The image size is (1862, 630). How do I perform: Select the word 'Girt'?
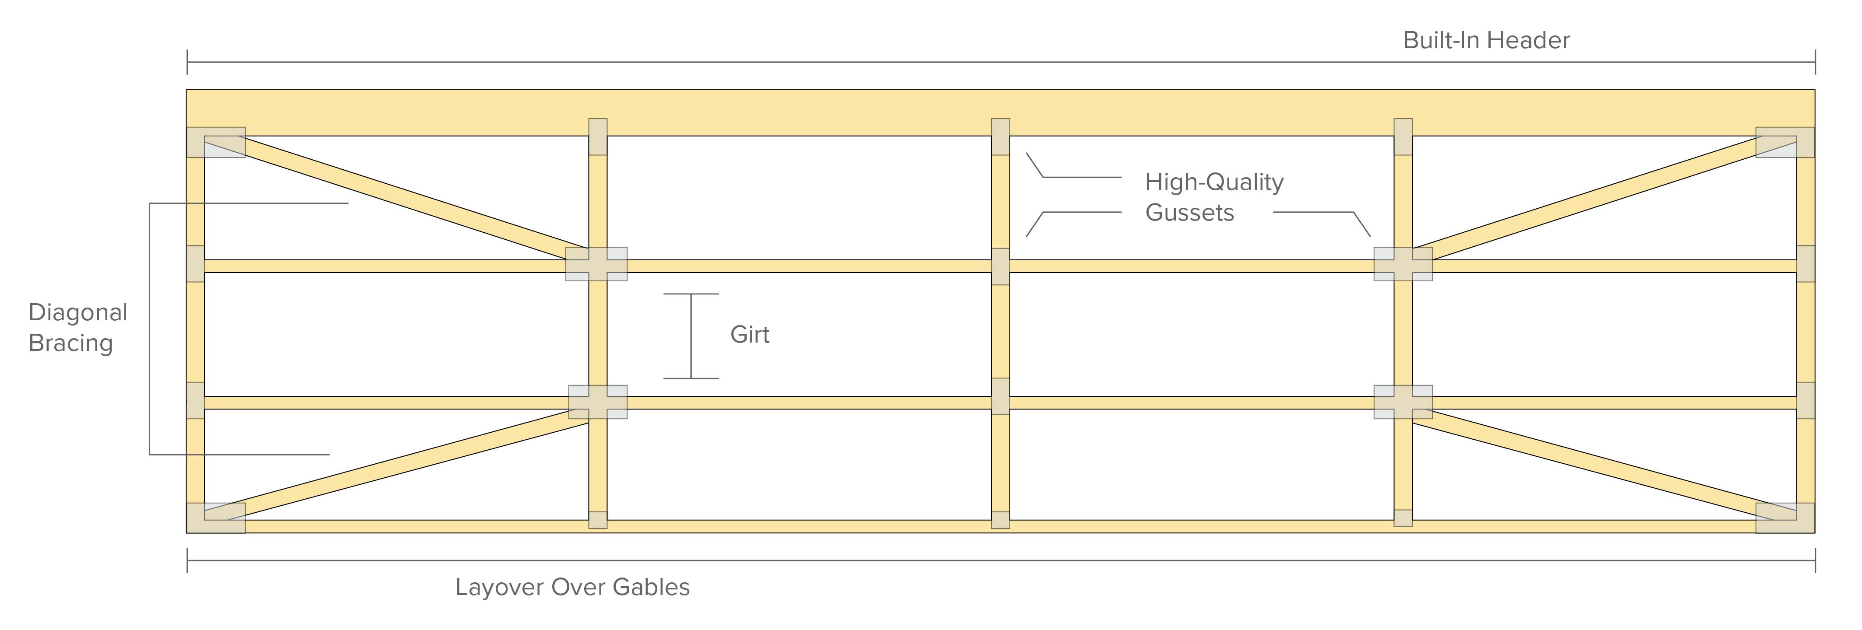[750, 335]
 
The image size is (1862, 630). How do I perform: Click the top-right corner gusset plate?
[1784, 142]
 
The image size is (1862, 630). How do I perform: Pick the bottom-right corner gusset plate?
[1784, 518]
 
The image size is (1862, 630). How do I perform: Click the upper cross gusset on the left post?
[596, 264]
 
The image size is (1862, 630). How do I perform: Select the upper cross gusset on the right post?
[1402, 264]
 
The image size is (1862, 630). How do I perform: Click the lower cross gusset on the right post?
[1402, 402]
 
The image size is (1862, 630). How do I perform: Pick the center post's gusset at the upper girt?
[1000, 266]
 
